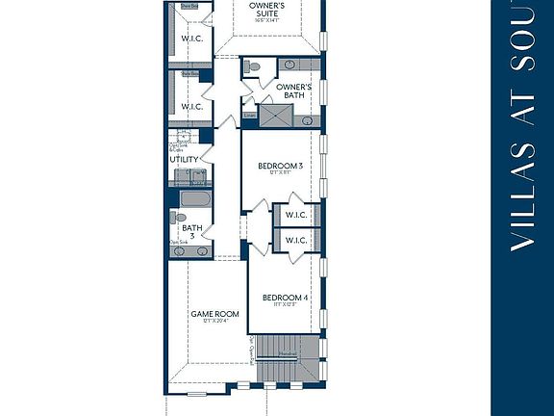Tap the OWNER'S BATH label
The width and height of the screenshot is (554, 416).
tap(290, 91)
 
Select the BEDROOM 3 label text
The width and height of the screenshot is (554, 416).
tap(280, 166)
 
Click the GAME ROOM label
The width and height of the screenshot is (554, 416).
tap(213, 314)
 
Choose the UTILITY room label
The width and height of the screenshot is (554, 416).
tap(184, 159)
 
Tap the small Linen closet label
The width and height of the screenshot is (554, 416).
tap(249, 115)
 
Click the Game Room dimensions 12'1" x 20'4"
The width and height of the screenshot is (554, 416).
tap(213, 323)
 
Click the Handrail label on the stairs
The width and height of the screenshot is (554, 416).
tap(288, 354)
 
